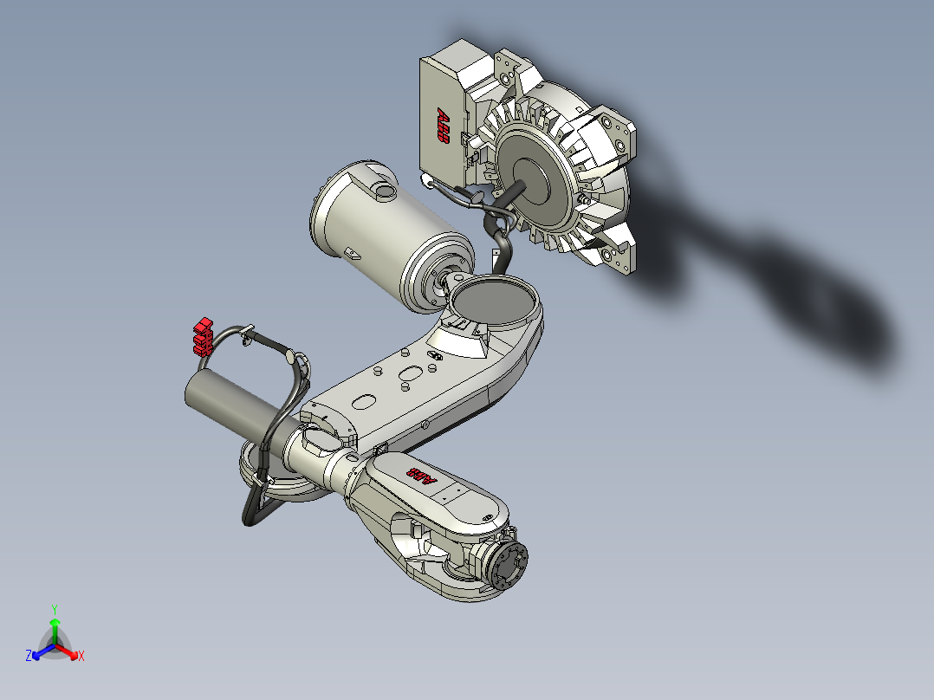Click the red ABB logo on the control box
tap(443, 125)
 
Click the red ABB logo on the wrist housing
tap(422, 476)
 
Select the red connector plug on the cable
tap(203, 335)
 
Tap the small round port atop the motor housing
tap(382, 189)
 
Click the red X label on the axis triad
tap(81, 657)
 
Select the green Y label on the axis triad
tap(54, 609)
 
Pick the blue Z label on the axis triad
tap(29, 657)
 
